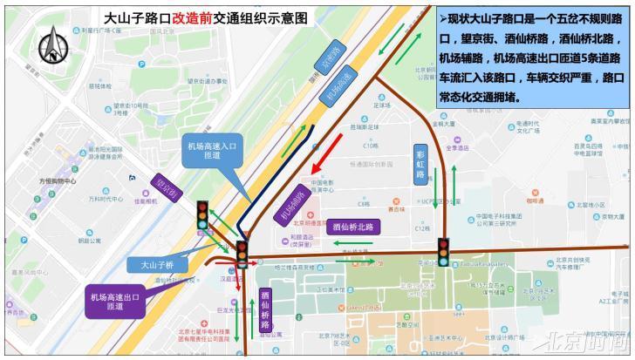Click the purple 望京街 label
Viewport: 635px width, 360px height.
pyautogui.click(x=165, y=186)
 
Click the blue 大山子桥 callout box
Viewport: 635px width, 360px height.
pyautogui.click(x=157, y=264)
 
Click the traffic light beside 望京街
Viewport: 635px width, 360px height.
pyautogui.click(x=202, y=215)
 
